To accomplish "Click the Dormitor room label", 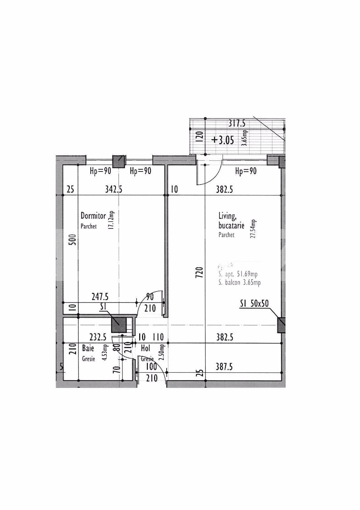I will pyautogui.click(x=93, y=215).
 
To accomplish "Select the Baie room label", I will pyautogui.click(x=88, y=348).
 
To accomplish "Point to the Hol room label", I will pyautogui.click(x=145, y=348).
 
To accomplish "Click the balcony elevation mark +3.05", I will pyautogui.click(x=222, y=140).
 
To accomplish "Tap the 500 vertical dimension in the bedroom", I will pyautogui.click(x=73, y=239).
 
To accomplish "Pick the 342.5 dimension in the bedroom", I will pyautogui.click(x=114, y=189).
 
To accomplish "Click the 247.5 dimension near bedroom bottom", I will pyautogui.click(x=100, y=297).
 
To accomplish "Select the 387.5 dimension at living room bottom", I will pyautogui.click(x=224, y=367).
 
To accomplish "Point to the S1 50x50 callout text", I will pyautogui.click(x=254, y=303).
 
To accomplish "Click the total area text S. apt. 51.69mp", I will pyautogui.click(x=238, y=274).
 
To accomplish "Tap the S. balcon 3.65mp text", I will pyautogui.click(x=239, y=282).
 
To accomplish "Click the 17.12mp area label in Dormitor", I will pyautogui.click(x=111, y=220).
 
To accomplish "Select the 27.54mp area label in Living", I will pyautogui.click(x=253, y=229).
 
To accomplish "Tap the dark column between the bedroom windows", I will pyautogui.click(x=119, y=162).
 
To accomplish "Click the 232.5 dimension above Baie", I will pyautogui.click(x=98, y=337).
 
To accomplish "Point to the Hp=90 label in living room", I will pyautogui.click(x=246, y=171).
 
